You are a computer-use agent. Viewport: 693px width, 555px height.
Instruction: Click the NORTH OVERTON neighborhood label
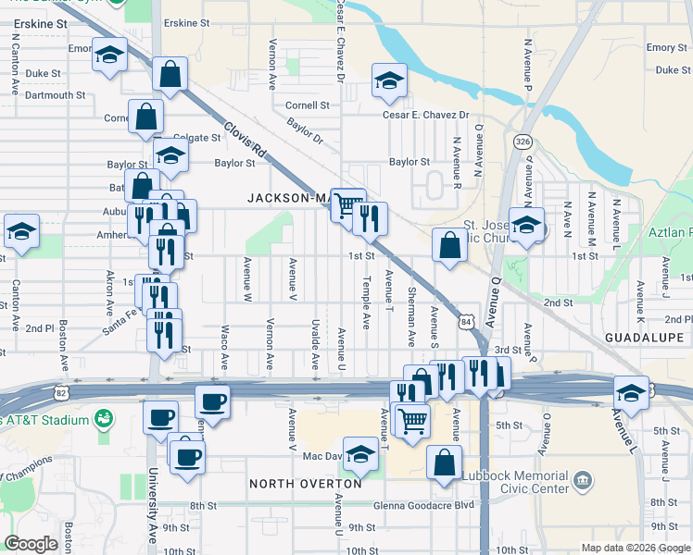305,484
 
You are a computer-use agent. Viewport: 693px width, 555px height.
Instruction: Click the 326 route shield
523,142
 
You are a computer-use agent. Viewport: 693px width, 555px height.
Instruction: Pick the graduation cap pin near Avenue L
630,392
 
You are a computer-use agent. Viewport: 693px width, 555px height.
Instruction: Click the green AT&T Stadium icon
103,420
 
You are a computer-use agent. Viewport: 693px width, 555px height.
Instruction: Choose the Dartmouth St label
56,94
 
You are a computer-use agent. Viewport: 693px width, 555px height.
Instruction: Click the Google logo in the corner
31,544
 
